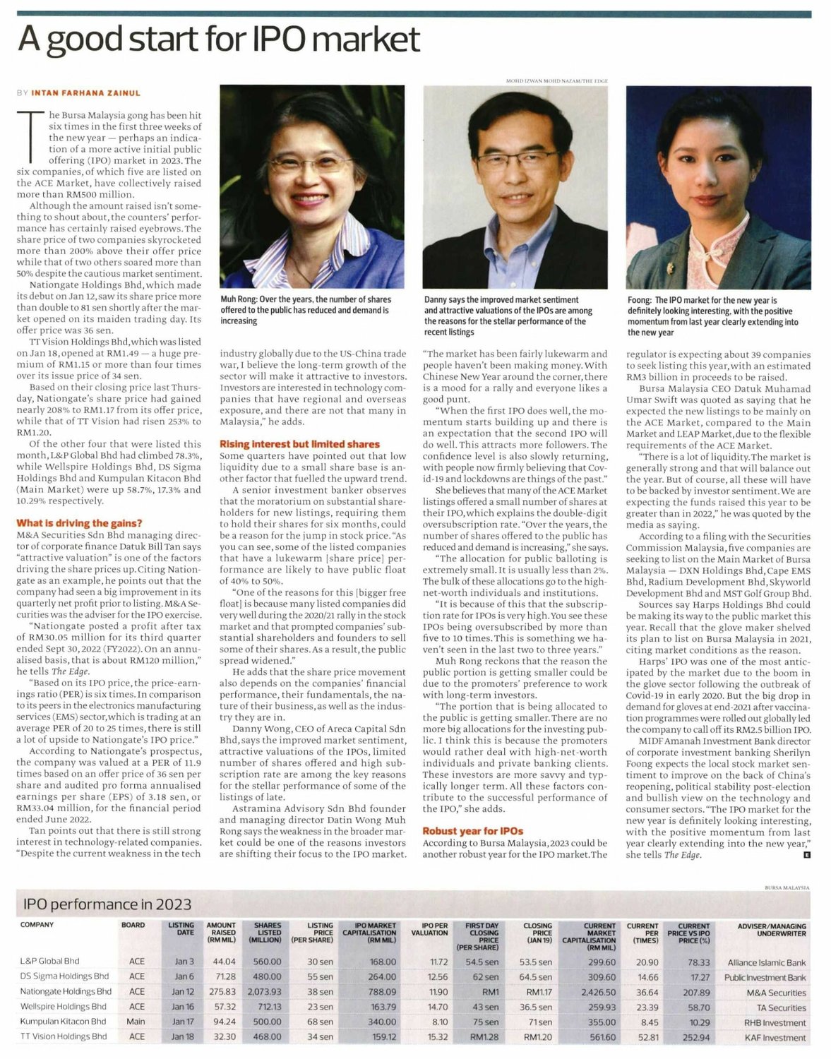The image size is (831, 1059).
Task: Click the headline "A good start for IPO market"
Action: (219, 40)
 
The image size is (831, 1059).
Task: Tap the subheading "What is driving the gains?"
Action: (79, 523)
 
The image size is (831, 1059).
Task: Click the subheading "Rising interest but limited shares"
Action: (299, 444)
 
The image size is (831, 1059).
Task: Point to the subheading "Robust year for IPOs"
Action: (472, 831)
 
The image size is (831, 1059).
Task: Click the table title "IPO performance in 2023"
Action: (107, 904)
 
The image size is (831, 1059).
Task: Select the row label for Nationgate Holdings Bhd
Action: (66, 991)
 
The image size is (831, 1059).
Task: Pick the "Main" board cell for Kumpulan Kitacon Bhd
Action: (136, 1022)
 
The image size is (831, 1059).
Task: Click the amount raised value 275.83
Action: (220, 992)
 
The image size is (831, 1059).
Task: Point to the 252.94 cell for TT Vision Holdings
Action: (696, 1037)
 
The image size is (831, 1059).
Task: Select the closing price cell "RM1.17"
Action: (538, 992)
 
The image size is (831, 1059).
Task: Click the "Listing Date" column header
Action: (181, 928)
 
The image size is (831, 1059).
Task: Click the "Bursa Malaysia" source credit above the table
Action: (787, 887)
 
